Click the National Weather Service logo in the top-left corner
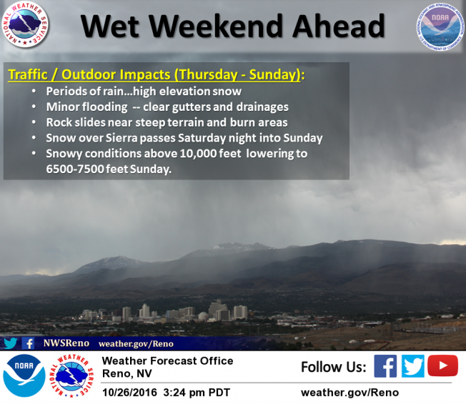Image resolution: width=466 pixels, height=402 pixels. pos(25,24)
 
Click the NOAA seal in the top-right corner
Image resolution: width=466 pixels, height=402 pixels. pos(440,26)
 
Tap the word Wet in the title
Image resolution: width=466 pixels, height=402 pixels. pos(110,26)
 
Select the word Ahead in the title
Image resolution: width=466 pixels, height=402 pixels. pos(339,26)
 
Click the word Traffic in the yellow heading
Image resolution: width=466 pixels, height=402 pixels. pos(28,74)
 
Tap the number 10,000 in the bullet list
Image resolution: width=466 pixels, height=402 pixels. pos(199,154)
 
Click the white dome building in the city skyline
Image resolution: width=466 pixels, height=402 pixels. pos(204,316)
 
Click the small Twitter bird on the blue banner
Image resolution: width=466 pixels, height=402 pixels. pos(11,343)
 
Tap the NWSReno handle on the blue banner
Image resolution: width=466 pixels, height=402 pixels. pos(66,343)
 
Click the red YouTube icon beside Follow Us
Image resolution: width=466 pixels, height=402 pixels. pos(442,366)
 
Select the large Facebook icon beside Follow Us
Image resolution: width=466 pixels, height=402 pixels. pos(385,366)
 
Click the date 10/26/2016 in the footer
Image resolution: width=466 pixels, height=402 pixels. pos(129,393)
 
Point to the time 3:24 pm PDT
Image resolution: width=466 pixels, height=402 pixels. pos(197,393)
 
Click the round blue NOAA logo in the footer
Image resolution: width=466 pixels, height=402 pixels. pos(24,376)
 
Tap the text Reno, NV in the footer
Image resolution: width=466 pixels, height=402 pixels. pos(127,373)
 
